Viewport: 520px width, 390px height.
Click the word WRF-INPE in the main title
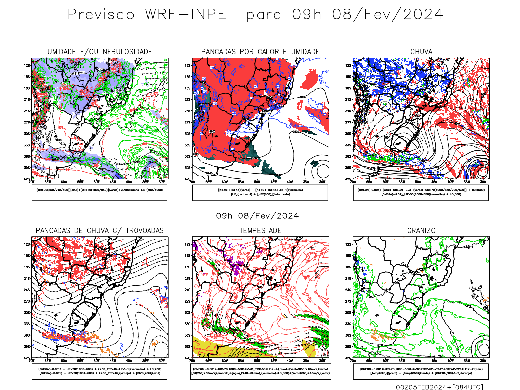coord(186,15)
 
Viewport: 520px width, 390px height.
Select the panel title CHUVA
coord(421,52)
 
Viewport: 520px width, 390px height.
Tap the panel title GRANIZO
coord(421,231)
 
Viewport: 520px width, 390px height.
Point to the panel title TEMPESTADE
coord(260,231)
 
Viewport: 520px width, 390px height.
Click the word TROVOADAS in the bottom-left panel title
coord(145,231)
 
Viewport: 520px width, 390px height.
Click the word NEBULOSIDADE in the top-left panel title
coord(127,52)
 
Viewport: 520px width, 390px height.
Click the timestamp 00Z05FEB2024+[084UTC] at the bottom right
coord(439,387)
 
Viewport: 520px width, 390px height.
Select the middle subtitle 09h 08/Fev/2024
coord(257,216)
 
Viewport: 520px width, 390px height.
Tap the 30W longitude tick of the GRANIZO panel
coord(483,361)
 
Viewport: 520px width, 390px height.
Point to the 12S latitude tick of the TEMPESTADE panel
coord(188,244)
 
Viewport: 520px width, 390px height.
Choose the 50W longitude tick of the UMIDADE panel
coord(97,182)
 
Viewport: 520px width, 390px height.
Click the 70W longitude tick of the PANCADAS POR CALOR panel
coord(192,182)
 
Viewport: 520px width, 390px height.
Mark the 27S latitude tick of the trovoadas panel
coord(27,301)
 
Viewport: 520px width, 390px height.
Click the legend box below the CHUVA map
coord(421,192)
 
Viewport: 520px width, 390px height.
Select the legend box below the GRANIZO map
coord(421,371)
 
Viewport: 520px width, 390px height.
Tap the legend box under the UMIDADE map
coord(99,192)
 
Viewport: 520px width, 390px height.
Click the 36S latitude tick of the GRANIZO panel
coord(348,335)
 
